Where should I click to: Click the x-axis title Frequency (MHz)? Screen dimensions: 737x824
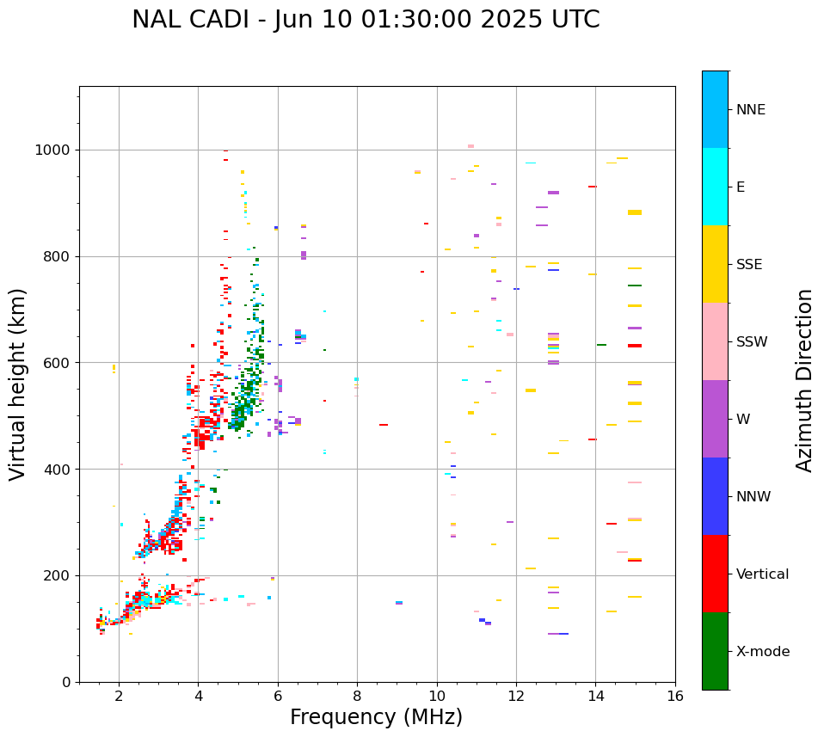pyautogui.click(x=376, y=717)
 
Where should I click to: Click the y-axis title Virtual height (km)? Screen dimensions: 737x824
pyautogui.click(x=18, y=384)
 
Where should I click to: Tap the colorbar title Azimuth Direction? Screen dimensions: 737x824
pyautogui.click(x=804, y=380)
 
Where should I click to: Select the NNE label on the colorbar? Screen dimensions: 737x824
pyautogui.click(x=750, y=110)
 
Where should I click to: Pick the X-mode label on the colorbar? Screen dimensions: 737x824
pyautogui.click(x=762, y=652)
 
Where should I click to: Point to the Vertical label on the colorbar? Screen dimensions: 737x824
pyautogui.click(x=762, y=574)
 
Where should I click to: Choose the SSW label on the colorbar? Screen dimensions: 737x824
pyautogui.click(x=752, y=342)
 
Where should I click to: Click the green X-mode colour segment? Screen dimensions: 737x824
pyautogui.click(x=715, y=651)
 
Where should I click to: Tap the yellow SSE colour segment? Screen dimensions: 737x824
pyautogui.click(x=715, y=264)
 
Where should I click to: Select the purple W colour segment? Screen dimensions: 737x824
pyautogui.click(x=715, y=419)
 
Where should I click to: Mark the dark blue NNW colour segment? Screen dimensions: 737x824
pyautogui.click(x=715, y=496)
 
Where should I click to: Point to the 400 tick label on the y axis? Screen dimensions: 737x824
pyautogui.click(x=60, y=470)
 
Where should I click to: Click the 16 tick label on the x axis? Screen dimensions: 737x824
pyautogui.click(x=675, y=696)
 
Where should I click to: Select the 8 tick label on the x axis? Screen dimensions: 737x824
pyautogui.click(x=357, y=696)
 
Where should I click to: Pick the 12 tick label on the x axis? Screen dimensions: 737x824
pyautogui.click(x=516, y=696)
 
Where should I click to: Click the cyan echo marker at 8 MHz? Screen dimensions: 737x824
pyautogui.click(x=356, y=379)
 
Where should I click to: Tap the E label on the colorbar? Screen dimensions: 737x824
pyautogui.click(x=741, y=187)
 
